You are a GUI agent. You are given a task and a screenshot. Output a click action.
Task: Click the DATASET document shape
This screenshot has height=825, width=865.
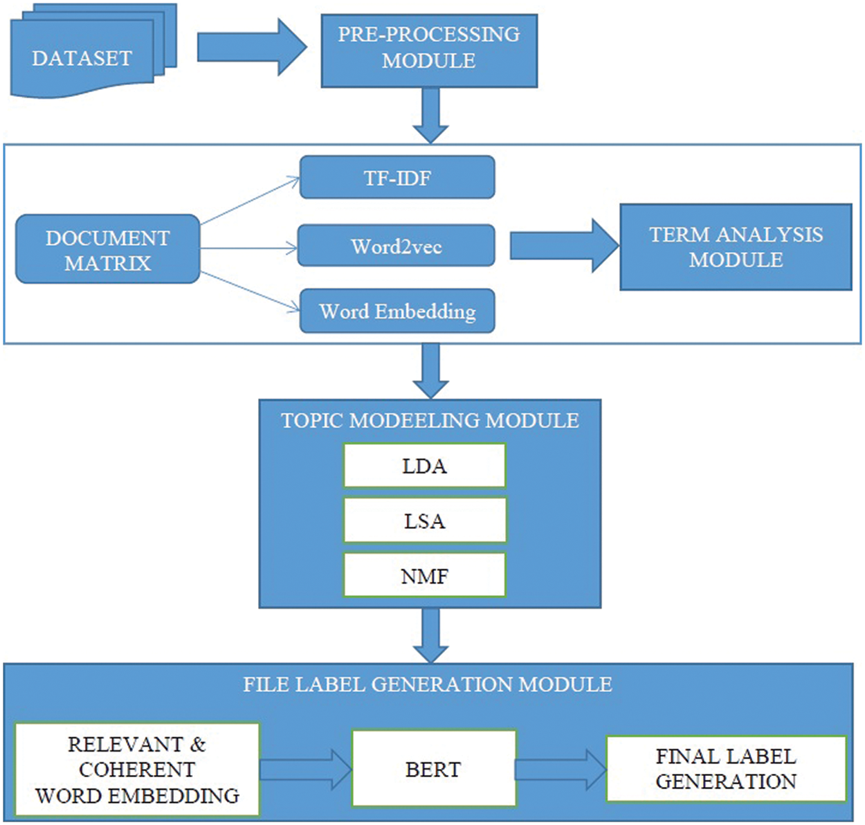pyautogui.click(x=82, y=58)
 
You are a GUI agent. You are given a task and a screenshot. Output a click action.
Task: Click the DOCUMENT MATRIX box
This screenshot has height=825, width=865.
pyautogui.click(x=108, y=249)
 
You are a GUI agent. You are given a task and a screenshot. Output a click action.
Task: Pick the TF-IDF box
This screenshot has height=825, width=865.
pyautogui.click(x=397, y=178)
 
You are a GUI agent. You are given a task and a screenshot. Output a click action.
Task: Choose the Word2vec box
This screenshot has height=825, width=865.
pyautogui.click(x=397, y=246)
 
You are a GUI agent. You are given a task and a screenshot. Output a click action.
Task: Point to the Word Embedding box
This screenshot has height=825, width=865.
pyautogui.click(x=397, y=311)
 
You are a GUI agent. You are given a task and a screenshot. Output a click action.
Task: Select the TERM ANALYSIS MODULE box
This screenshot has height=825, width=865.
pyautogui.click(x=736, y=247)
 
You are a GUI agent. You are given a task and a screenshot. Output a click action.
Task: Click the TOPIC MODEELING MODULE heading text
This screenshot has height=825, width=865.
pyautogui.click(x=430, y=420)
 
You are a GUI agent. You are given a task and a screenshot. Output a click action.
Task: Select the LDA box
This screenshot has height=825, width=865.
pyautogui.click(x=424, y=466)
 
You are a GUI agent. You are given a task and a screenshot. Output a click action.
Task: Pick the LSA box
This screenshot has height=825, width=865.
pyautogui.click(x=424, y=520)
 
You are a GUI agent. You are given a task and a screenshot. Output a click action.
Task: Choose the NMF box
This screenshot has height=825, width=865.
pyautogui.click(x=424, y=575)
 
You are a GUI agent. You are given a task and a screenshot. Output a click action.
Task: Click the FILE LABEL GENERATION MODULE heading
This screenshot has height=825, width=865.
pyautogui.click(x=428, y=684)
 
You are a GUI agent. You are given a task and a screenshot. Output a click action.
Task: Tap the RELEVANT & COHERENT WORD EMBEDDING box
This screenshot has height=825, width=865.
pyautogui.click(x=137, y=770)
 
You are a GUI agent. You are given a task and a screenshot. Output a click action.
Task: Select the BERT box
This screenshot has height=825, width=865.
pyautogui.click(x=434, y=768)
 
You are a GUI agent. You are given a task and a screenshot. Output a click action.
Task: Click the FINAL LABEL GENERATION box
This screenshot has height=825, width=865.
pyautogui.click(x=726, y=768)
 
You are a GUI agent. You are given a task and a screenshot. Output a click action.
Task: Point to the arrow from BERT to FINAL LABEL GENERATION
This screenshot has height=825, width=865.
pyautogui.click(x=561, y=768)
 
